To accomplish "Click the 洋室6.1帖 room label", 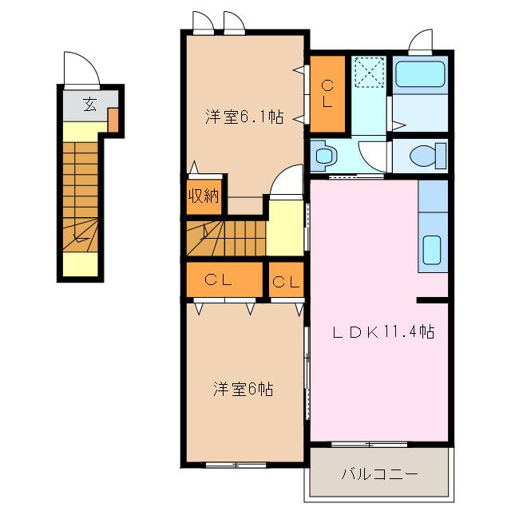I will click(244, 117).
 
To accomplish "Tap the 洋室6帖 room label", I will click(244, 390).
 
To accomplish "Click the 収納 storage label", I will click(204, 195).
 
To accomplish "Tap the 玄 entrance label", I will click(90, 103).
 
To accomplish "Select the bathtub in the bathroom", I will click(421, 76).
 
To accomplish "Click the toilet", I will click(422, 155).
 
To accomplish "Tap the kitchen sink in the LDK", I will click(432, 249).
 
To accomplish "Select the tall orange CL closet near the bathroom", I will click(327, 93).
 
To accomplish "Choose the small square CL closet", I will click(287, 280).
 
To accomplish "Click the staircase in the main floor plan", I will click(225, 238).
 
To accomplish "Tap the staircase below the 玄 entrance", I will click(80, 196).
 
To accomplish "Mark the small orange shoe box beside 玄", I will click(113, 119).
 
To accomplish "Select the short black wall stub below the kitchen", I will click(432, 300).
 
